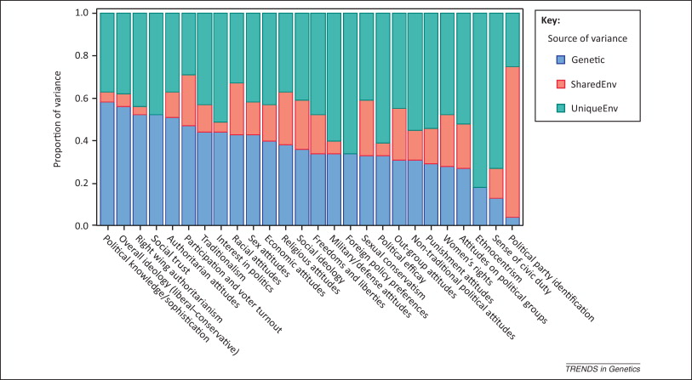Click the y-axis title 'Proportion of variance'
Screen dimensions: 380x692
59,119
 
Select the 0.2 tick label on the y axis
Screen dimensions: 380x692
83,184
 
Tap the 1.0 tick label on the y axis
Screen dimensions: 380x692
83,14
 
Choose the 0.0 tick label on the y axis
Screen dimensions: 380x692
83,226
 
